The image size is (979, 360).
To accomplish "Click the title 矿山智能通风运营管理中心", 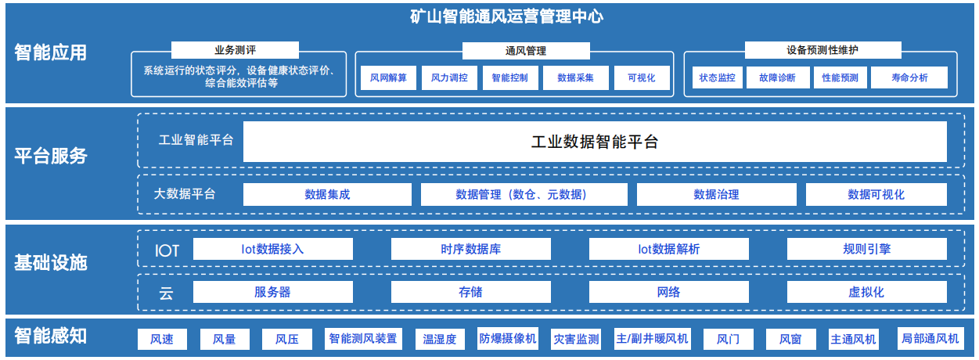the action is pyautogui.click(x=506, y=16).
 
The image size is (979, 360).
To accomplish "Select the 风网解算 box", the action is pyautogui.click(x=388, y=77).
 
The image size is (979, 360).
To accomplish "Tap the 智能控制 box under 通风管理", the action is pyautogui.click(x=510, y=77).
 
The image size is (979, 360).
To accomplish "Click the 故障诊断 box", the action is pyautogui.click(x=778, y=77).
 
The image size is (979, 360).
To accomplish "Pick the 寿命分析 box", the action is pyautogui.click(x=909, y=77).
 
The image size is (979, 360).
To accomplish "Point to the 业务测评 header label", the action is pyautogui.click(x=235, y=50).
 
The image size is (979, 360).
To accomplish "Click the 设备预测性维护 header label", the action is pyautogui.click(x=822, y=50).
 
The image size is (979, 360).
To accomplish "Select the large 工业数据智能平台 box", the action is pyautogui.click(x=595, y=142).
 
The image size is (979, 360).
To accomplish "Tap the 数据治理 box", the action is pyautogui.click(x=716, y=194).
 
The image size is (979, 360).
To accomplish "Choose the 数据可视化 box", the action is pyautogui.click(x=876, y=194).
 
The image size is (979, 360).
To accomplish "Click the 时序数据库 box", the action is pyautogui.click(x=470, y=249).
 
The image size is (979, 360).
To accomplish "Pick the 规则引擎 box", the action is pyautogui.click(x=866, y=249).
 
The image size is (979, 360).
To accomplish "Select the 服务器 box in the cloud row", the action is pyautogui.click(x=272, y=292).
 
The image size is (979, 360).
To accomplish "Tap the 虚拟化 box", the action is pyautogui.click(x=866, y=292).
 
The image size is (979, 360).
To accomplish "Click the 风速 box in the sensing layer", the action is pyautogui.click(x=162, y=339).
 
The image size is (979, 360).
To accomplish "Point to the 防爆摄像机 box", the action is pyautogui.click(x=507, y=339).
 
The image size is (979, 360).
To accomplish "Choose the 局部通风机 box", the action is pyautogui.click(x=930, y=339).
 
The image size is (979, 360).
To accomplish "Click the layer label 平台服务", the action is pyautogui.click(x=51, y=156).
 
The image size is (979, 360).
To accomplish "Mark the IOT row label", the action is pyautogui.click(x=167, y=250).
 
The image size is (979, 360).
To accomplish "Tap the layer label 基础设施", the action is pyautogui.click(x=51, y=263).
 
